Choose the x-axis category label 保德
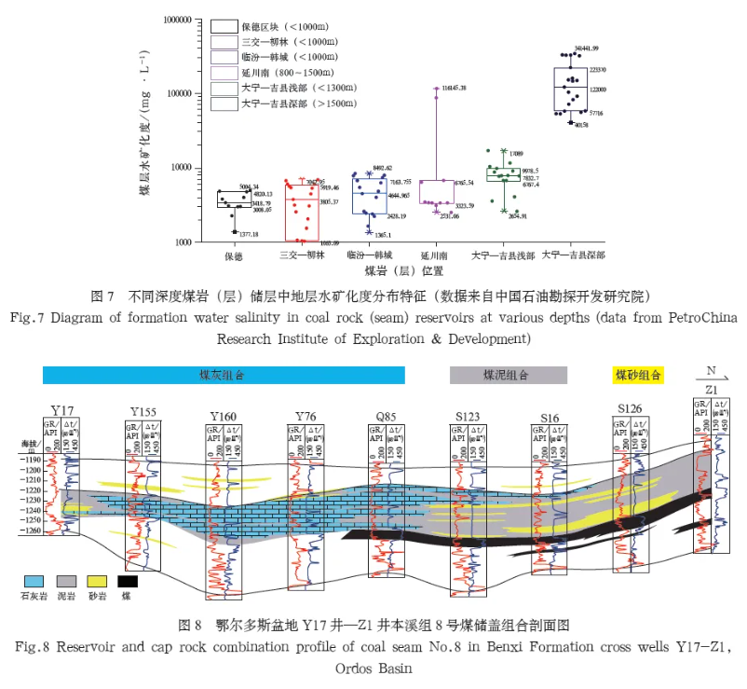pos(233,255)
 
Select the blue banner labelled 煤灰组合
pos(224,375)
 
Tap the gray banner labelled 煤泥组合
pos(508,375)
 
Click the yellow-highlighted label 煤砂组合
pos(637,375)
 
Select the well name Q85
pos(384,416)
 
